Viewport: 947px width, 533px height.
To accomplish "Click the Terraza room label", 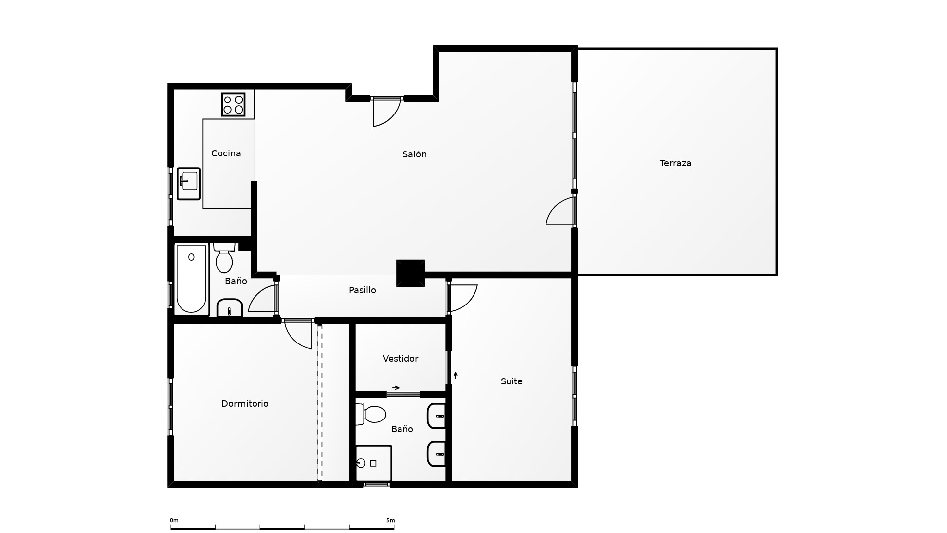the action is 675,163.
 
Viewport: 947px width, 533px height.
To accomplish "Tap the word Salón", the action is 414,154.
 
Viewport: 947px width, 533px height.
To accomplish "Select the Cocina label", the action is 226,153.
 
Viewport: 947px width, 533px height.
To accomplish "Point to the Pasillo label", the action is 363,290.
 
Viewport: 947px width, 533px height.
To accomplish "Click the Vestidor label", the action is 401,359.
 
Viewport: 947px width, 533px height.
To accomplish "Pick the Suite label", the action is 511,381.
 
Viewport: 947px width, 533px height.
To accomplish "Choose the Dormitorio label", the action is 245,404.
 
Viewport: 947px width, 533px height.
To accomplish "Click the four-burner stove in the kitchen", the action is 233,105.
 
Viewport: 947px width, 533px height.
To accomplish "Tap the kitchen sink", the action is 189,184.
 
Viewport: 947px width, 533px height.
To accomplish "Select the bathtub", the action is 191,279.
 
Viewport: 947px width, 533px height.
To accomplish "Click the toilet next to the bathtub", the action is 224,258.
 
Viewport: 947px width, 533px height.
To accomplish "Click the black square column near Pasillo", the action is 410,273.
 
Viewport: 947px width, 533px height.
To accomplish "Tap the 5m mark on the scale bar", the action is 391,520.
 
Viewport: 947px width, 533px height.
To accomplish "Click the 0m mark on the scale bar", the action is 174,520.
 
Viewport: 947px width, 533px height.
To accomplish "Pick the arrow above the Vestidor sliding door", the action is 396,388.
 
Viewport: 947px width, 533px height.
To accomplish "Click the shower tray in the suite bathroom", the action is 373,463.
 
